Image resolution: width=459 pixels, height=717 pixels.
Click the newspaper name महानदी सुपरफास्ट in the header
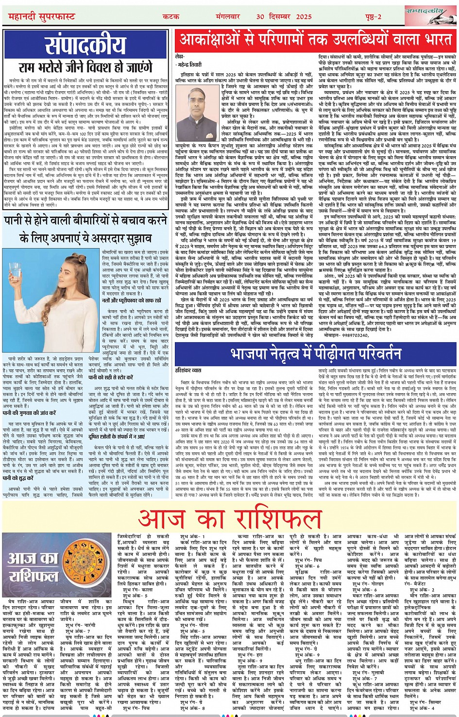[x=42, y=17]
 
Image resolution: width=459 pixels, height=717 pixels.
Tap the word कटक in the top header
[x=171, y=17]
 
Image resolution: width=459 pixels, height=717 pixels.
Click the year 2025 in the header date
[x=304, y=17]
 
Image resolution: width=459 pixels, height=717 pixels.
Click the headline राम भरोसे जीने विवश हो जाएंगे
[x=85, y=68]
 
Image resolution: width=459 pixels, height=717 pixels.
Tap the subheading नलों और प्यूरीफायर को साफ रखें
[x=130, y=300]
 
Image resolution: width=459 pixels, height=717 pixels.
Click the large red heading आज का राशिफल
[x=229, y=518]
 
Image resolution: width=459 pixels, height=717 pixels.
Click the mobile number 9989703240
[x=342, y=335]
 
